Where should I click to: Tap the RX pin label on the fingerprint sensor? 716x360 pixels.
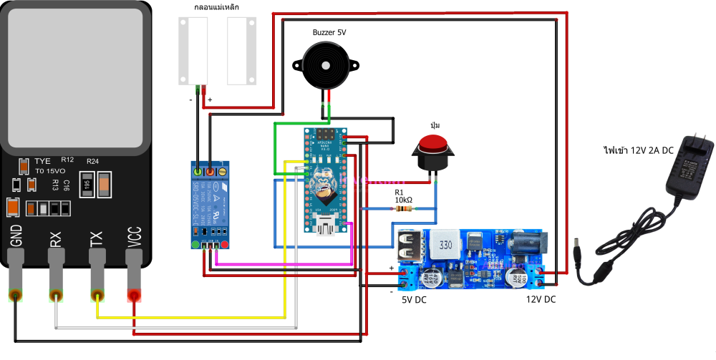(x=55, y=238)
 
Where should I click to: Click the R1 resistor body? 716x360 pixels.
(x=378, y=209)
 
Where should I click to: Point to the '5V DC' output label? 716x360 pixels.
(x=412, y=300)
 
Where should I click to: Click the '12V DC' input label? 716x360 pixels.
(x=541, y=300)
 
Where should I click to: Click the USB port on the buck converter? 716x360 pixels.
(x=410, y=246)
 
